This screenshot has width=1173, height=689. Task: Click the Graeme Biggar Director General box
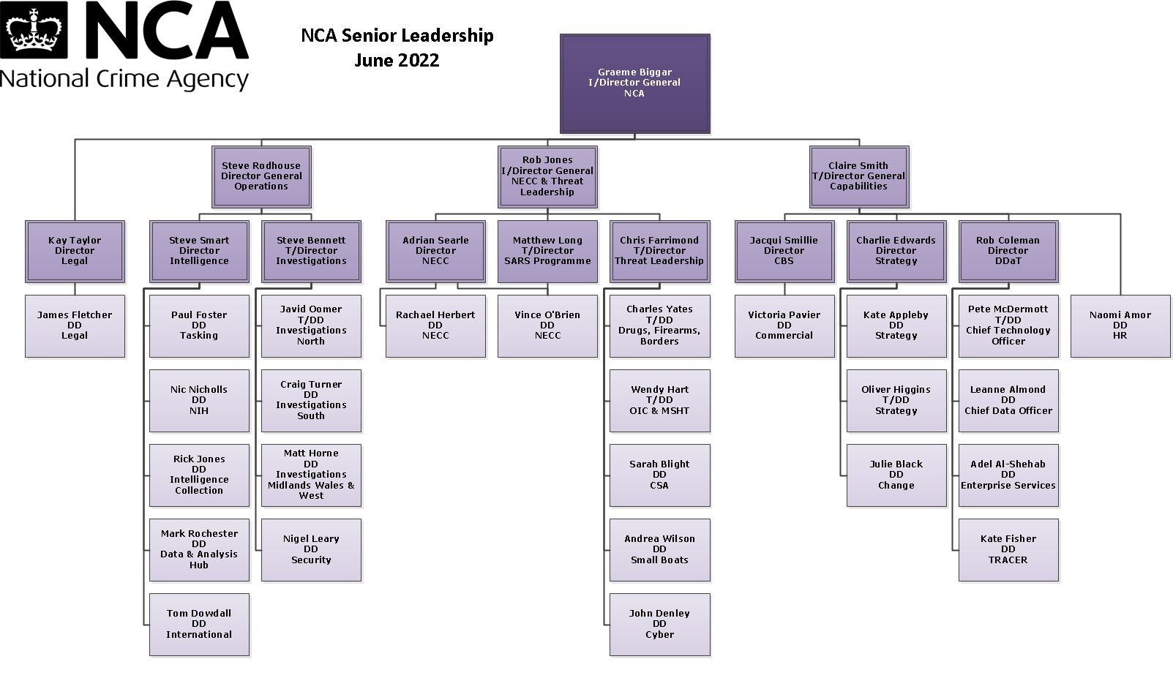(634, 83)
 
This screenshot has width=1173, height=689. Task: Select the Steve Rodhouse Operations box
(261, 176)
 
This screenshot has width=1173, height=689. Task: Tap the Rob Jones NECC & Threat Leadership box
(547, 176)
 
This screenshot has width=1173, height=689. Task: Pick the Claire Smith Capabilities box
(858, 176)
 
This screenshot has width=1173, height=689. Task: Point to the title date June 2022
(397, 61)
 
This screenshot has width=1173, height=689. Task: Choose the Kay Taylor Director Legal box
(75, 251)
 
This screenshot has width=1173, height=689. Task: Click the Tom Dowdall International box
(199, 624)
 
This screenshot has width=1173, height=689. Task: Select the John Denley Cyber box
(659, 624)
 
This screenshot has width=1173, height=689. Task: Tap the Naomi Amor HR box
(1120, 325)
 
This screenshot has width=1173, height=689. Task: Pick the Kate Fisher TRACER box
(1008, 549)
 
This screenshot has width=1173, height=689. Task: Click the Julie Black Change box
(896, 475)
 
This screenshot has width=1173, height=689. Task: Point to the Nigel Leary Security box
(311, 549)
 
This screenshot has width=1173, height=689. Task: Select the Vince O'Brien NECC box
(547, 325)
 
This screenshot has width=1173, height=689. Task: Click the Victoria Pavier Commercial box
(784, 325)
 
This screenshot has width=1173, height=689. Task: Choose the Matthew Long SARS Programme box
(547, 251)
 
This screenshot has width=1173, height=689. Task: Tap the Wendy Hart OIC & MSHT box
(659, 400)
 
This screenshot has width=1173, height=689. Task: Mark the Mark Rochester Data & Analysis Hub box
(199, 549)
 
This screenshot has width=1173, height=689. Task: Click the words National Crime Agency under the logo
(124, 79)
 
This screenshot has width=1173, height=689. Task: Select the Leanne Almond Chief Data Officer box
(1008, 400)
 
